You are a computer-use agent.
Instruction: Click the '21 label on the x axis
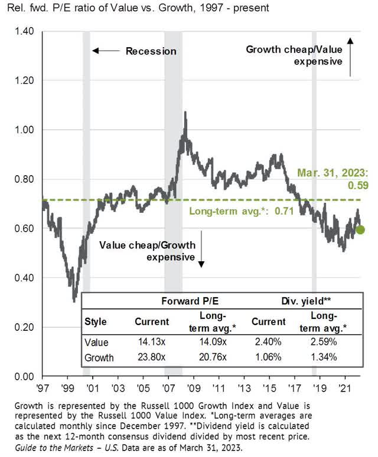[343, 389]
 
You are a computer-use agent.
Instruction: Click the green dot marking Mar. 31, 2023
[360, 229]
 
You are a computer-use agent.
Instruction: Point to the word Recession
[151, 51]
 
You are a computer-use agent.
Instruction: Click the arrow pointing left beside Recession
[106, 51]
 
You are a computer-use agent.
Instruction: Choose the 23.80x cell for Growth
[152, 356]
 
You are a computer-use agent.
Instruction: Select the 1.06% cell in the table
[269, 356]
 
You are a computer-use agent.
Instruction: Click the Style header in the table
[99, 323]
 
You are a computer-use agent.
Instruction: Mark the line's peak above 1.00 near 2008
[185, 112]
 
